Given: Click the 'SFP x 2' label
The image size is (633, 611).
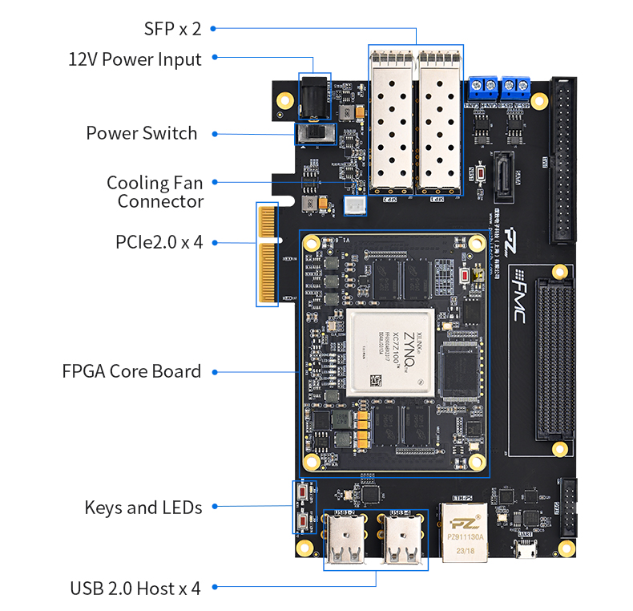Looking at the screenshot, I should (172, 29).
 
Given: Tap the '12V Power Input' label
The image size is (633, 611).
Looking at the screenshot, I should (135, 59).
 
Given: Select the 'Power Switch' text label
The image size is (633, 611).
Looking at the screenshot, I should (142, 133).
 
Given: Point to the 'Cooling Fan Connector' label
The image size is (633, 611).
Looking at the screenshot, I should (155, 192).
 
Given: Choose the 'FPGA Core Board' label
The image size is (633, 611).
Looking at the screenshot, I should (131, 371).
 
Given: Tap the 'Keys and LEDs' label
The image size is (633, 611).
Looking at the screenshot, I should (143, 507).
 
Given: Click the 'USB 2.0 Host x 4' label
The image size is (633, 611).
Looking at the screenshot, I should (135, 589).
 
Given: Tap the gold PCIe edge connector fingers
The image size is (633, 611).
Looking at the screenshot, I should (267, 254).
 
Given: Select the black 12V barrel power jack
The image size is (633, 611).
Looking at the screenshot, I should (313, 97).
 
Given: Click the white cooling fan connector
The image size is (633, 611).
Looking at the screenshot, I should (353, 206).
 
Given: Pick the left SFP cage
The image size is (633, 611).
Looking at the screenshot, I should (391, 120).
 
